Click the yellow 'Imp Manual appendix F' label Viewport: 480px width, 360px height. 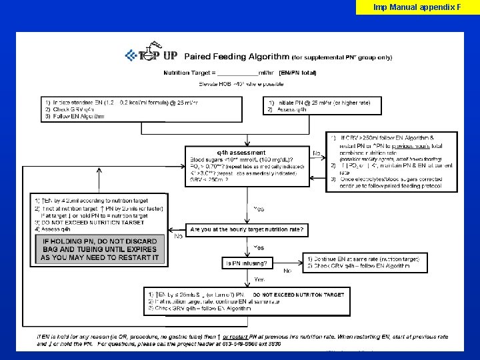click(417, 7)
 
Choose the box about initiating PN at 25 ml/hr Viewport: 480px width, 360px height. click(323, 105)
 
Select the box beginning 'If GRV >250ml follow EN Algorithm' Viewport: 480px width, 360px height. click(392, 161)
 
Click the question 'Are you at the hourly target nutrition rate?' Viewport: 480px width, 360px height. click(247, 229)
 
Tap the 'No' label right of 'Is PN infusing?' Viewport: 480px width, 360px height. click(287, 271)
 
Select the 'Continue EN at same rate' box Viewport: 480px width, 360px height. click(367, 262)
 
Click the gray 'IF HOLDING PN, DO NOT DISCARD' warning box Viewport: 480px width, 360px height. click(100, 249)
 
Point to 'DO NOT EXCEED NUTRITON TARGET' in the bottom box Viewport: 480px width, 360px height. click(298, 294)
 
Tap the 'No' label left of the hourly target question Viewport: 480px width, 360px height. click(178, 236)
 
